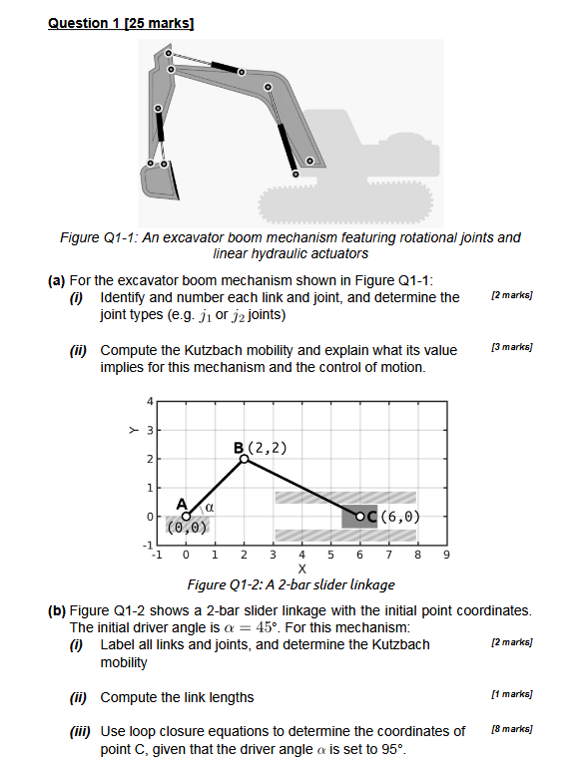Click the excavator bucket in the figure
click(160, 183)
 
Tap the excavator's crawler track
click(349, 203)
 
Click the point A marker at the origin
click(187, 516)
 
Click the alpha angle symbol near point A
click(212, 507)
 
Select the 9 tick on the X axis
click(447, 555)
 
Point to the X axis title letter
click(301, 569)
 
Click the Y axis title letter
click(129, 430)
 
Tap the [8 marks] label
click(511, 731)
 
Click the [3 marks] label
click(511, 348)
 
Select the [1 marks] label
click(511, 694)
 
